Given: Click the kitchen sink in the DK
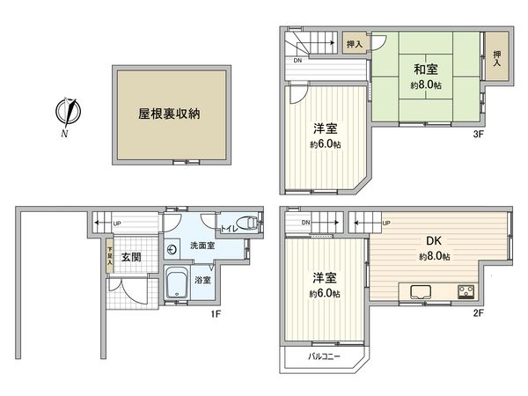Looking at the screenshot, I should [x=415, y=291].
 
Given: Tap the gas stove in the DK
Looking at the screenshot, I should [x=465, y=290].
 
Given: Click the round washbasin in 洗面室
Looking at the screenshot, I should [x=172, y=249].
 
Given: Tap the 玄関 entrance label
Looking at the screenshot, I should [x=131, y=257].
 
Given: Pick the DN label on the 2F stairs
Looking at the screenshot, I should [x=304, y=223].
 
